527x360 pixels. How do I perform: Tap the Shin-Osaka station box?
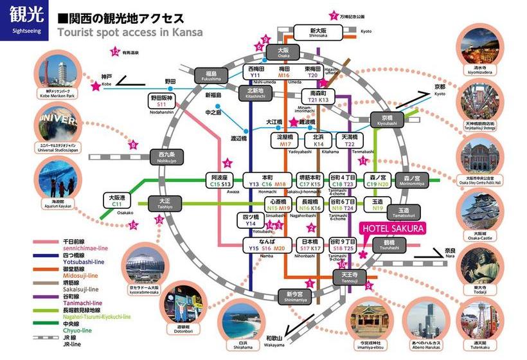tap(318, 33)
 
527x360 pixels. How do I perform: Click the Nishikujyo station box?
tap(166, 156)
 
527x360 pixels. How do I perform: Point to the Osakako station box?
tap(117, 201)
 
